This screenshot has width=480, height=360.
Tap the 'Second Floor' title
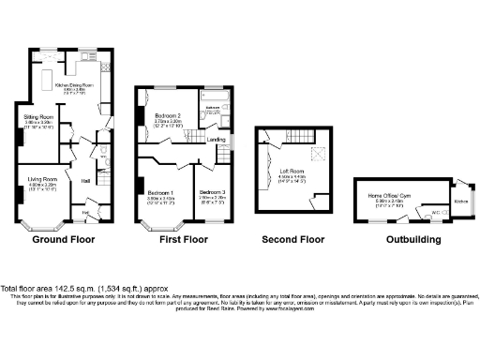coord(292,239)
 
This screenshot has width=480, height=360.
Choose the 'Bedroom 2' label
coord(173,116)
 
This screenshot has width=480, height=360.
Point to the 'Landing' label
coord(216,140)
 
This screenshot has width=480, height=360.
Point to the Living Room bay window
coord(43,225)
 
